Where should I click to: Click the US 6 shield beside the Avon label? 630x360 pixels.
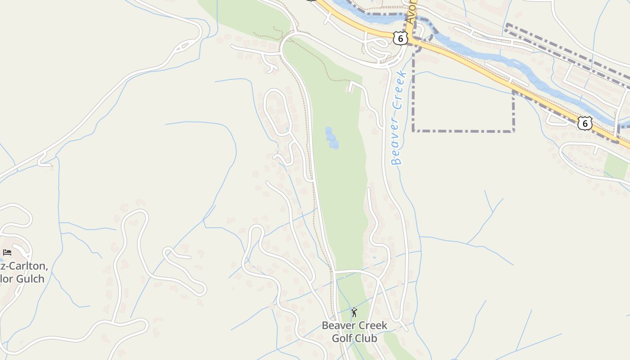coord(400,38)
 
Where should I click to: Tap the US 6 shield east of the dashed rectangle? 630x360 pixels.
coord(585,123)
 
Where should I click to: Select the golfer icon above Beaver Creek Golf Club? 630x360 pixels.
coord(354,312)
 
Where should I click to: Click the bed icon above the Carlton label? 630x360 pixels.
coord(7,252)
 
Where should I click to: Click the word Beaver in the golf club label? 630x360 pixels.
coord(337,325)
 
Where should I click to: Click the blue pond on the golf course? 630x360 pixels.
coord(332,138)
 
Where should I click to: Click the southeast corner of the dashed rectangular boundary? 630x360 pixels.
coord(513,131)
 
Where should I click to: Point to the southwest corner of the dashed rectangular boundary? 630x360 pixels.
coord(414,131)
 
